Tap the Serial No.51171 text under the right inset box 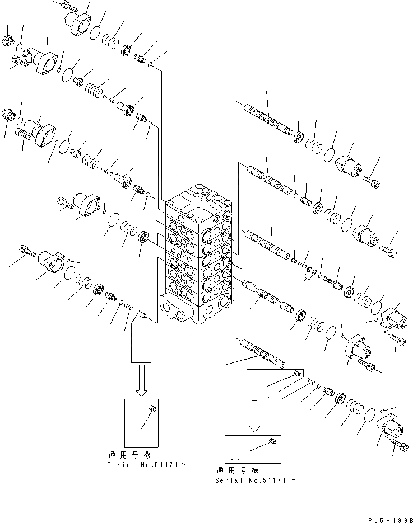tap(256, 480)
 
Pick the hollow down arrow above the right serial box tap(254, 416)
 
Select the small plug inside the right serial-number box tap(272, 442)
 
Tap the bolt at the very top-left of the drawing tap(67, 7)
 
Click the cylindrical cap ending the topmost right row tap(350, 166)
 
